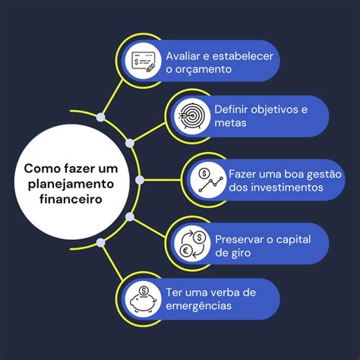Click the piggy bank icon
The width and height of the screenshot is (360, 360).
click(x=144, y=299)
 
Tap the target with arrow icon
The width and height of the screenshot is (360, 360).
click(x=191, y=116)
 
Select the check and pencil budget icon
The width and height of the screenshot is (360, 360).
click(x=144, y=62)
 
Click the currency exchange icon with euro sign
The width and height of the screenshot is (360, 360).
click(x=193, y=244)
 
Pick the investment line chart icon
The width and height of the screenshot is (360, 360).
click(x=210, y=180)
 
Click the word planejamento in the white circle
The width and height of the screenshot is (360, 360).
click(x=71, y=185)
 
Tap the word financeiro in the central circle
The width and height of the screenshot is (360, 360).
click(x=71, y=199)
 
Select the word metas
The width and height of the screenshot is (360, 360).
click(x=230, y=123)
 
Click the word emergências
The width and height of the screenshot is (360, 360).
click(x=199, y=306)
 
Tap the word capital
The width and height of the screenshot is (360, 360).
click(x=293, y=240)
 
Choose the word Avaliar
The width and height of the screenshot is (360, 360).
click(x=183, y=56)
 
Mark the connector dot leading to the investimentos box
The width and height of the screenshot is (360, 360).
click(x=140, y=180)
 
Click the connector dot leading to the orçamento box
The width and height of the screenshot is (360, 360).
click(x=101, y=117)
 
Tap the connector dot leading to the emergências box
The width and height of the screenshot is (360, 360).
click(x=101, y=243)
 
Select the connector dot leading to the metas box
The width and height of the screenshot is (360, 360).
click(x=130, y=143)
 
